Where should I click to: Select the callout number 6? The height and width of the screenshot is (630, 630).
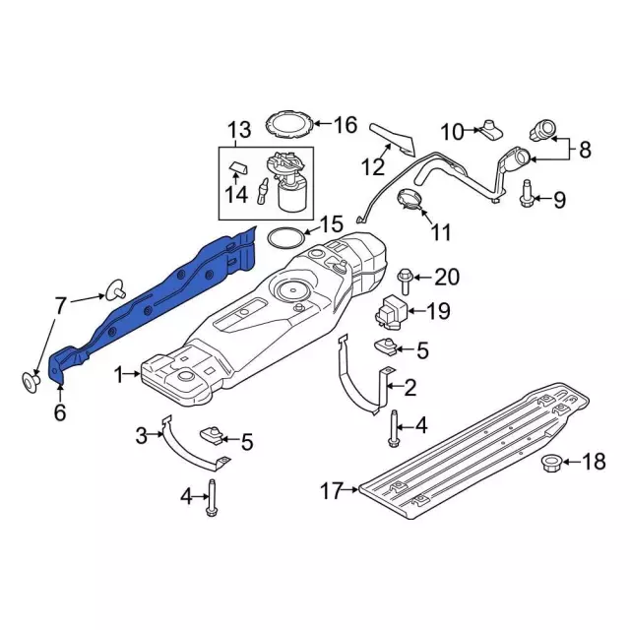click(x=59, y=413)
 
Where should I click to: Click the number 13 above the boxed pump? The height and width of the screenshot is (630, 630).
click(x=239, y=129)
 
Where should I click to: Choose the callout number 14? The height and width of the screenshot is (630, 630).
click(x=235, y=194)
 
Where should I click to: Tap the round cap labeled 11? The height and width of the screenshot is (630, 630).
click(x=411, y=201)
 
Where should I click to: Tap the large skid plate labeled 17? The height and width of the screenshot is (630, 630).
click(x=472, y=443)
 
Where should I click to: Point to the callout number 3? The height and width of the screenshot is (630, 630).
click(x=141, y=434)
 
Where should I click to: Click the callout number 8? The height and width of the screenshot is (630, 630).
click(x=585, y=152)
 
